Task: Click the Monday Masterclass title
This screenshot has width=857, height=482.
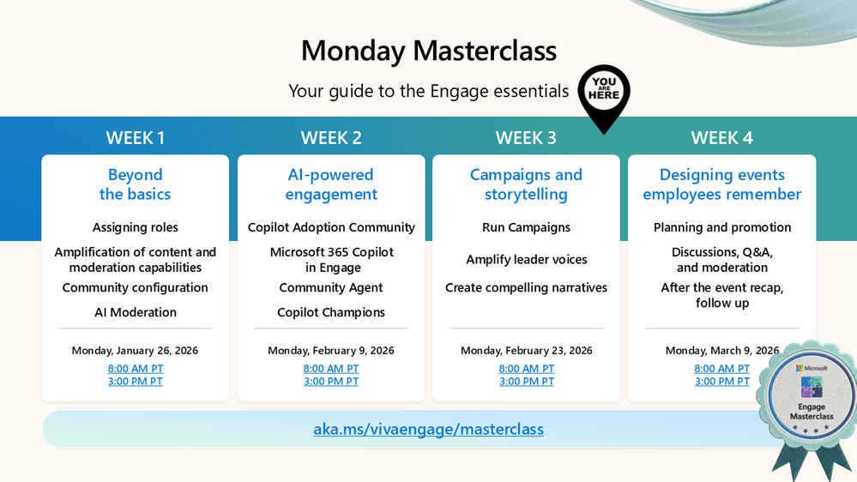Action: (428, 51)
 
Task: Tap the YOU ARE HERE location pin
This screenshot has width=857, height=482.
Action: (604, 94)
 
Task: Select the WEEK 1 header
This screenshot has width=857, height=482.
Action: (136, 138)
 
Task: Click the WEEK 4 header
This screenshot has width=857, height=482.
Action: (721, 138)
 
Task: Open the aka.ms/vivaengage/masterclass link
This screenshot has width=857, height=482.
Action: (428, 429)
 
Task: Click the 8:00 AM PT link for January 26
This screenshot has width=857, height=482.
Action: (136, 369)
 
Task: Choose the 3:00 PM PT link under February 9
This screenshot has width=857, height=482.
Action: (331, 382)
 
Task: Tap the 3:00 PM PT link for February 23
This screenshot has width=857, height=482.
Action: (526, 382)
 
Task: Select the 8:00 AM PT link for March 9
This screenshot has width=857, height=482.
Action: (721, 369)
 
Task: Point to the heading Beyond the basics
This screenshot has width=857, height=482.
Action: (136, 184)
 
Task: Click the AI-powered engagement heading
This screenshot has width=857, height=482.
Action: (331, 184)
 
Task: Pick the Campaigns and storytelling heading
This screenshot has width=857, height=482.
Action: (526, 184)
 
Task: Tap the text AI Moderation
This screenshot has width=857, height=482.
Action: (136, 312)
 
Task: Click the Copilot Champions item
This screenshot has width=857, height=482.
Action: (331, 312)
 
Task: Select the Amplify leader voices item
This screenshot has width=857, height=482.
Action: (526, 260)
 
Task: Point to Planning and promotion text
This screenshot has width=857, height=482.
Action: (721, 227)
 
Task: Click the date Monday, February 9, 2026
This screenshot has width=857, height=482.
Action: (331, 351)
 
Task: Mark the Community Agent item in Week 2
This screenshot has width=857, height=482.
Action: (331, 288)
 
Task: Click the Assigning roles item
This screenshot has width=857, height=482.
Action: (136, 227)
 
